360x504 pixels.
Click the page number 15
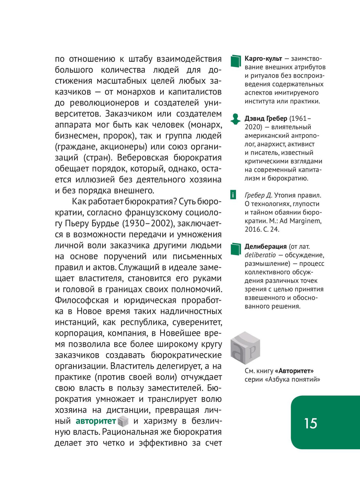click(310, 423)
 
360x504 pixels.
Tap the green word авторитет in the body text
click(96, 421)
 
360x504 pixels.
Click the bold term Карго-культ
click(263, 59)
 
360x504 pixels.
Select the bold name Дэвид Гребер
click(266, 118)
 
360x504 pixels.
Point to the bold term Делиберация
click(266, 247)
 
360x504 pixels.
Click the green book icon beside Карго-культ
click(235, 61)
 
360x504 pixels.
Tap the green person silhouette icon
click(235, 119)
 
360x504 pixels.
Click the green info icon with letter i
click(233, 195)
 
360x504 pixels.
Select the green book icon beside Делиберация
click(235, 249)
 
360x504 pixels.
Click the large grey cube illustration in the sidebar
click(245, 348)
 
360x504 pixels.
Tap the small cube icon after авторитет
click(123, 421)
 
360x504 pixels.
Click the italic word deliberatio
click(260, 255)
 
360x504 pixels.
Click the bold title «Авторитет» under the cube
click(294, 371)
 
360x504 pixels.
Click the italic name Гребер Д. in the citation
click(258, 195)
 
